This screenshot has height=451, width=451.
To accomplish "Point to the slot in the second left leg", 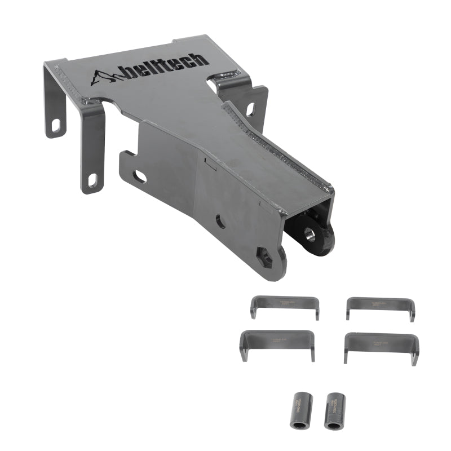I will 92,180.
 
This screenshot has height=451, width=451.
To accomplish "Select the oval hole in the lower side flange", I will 139,176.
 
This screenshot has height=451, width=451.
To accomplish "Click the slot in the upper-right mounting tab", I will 250,109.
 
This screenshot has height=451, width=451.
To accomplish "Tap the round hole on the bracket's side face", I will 220,222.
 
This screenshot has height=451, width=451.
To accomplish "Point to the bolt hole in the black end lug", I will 310,234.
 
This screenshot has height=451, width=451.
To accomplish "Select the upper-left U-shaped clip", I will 285,305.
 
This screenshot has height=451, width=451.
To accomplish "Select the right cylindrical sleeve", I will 334,410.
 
